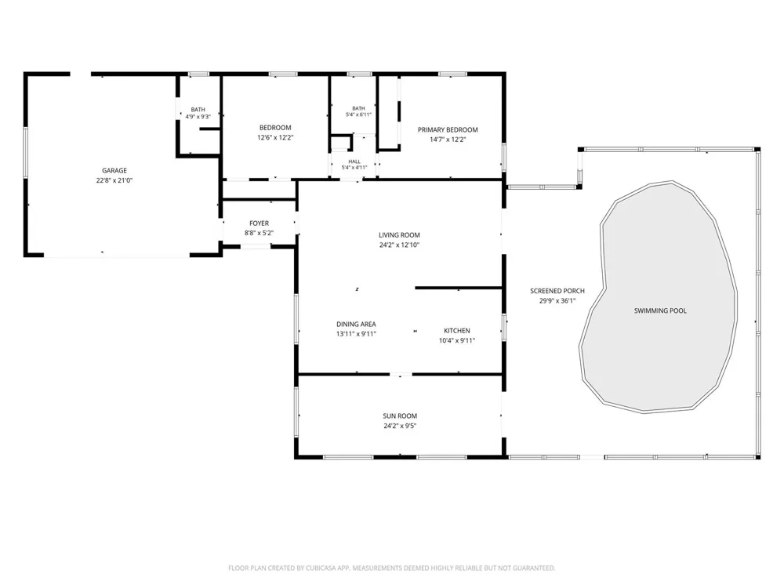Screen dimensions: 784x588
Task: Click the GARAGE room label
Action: coord(114,170)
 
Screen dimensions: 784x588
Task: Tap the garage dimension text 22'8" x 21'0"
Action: coord(114,180)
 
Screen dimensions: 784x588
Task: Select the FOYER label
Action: coord(259,223)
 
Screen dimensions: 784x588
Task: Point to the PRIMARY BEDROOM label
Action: coord(448,130)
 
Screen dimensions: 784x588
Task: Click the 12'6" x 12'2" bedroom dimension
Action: coord(275,137)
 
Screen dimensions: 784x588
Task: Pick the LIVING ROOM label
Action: coord(399,235)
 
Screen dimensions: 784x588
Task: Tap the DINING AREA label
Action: coord(356,324)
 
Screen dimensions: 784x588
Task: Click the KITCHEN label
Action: coord(457,331)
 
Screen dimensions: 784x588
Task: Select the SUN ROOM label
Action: coord(400,416)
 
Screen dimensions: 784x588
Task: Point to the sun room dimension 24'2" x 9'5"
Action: coord(400,426)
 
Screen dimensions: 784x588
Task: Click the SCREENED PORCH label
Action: coord(557,291)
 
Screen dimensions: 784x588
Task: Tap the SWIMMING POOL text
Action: coord(660,310)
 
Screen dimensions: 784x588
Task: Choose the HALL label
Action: coord(354,162)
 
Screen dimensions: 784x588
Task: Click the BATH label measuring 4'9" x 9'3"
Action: coord(198,110)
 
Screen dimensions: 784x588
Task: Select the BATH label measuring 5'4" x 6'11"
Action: coord(358,108)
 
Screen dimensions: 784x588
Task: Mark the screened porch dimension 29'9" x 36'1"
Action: coord(557,301)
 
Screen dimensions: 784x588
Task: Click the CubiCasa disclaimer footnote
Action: coord(391,568)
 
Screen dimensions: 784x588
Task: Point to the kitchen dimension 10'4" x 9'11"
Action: coord(457,340)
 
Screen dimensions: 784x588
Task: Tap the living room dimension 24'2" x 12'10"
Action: coord(399,245)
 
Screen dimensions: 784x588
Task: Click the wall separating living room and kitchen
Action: coord(459,288)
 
